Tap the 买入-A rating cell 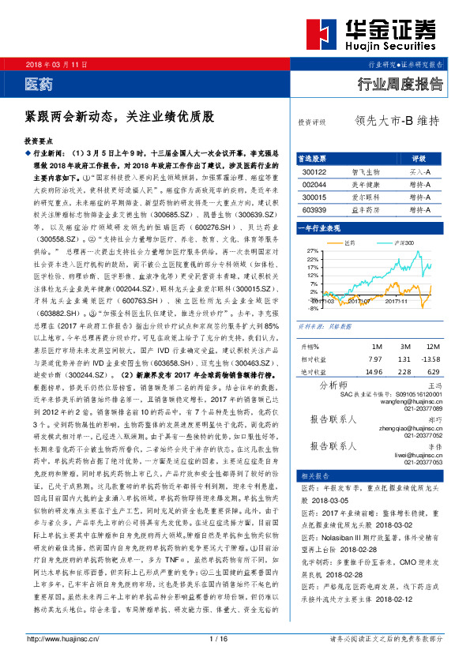[419, 171]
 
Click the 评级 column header [419, 158]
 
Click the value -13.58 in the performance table [431, 359]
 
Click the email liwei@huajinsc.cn [415, 455]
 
